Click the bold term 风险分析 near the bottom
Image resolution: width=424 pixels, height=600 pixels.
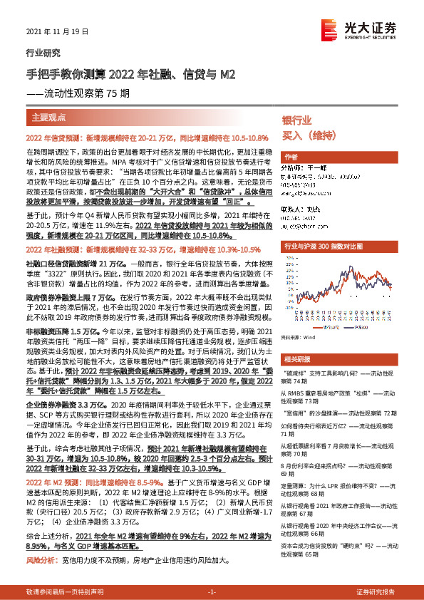(x=40, y=560)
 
